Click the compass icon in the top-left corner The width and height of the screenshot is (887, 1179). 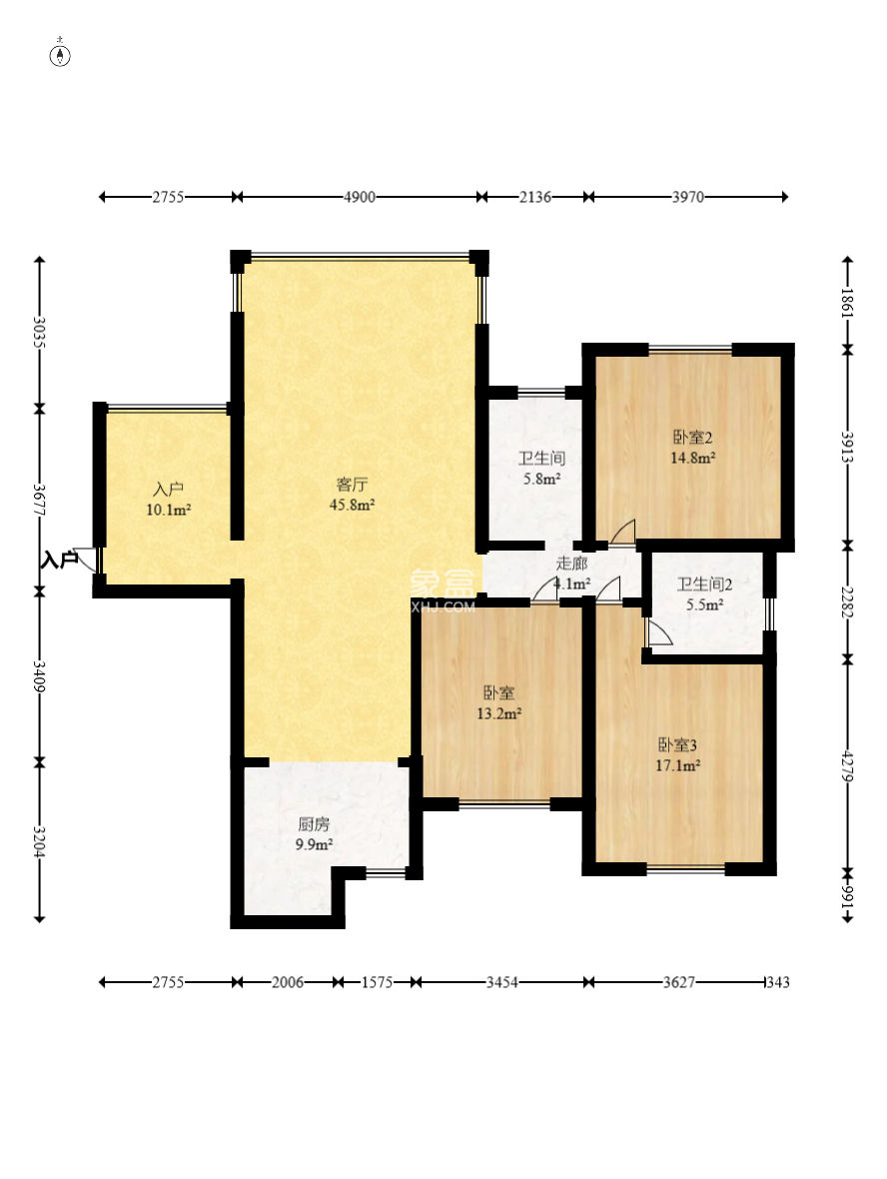(60, 55)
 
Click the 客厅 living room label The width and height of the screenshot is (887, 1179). (352, 485)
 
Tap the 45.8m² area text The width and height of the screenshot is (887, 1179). (352, 506)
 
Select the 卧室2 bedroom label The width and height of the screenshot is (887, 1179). (692, 437)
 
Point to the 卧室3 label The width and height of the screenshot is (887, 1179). (678, 745)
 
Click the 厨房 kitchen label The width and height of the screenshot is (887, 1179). (314, 824)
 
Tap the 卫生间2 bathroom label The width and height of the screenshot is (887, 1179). (704, 585)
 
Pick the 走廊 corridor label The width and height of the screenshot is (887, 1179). (571, 564)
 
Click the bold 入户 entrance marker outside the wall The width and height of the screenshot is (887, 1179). (59, 560)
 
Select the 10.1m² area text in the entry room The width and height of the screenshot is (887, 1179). (169, 511)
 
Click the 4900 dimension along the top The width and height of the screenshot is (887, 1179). (360, 197)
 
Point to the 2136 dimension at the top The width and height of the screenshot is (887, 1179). (535, 197)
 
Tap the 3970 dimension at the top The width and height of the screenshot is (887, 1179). (688, 197)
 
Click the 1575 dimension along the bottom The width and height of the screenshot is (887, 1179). (377, 982)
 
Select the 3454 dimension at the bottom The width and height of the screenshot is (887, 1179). (501, 982)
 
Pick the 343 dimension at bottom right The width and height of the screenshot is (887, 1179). (778, 982)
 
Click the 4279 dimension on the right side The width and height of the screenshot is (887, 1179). (847, 765)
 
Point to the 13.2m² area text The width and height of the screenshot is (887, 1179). (499, 713)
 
